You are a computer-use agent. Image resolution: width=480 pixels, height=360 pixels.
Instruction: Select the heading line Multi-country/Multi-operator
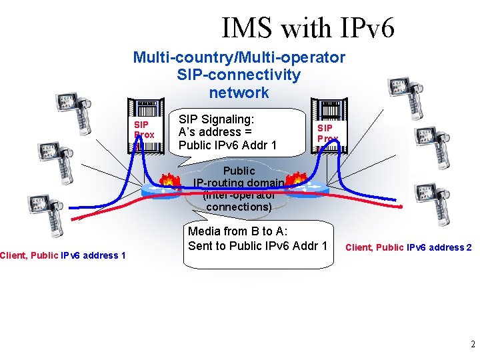click(x=239, y=57)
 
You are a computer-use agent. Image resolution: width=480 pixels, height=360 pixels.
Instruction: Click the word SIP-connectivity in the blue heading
click(x=239, y=75)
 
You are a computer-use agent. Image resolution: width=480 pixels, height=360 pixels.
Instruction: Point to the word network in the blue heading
click(x=239, y=93)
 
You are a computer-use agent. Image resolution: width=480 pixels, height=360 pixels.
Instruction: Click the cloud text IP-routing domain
click(x=239, y=183)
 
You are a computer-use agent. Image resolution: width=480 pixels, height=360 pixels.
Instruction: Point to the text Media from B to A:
click(x=238, y=231)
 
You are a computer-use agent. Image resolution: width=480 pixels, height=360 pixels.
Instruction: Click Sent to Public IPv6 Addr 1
click(x=257, y=245)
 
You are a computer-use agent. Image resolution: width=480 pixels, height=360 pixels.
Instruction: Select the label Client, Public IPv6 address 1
click(x=63, y=255)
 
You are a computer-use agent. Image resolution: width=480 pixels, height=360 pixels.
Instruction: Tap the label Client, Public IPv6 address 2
click(x=408, y=247)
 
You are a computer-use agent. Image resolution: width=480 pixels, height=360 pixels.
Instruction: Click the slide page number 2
click(x=473, y=345)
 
